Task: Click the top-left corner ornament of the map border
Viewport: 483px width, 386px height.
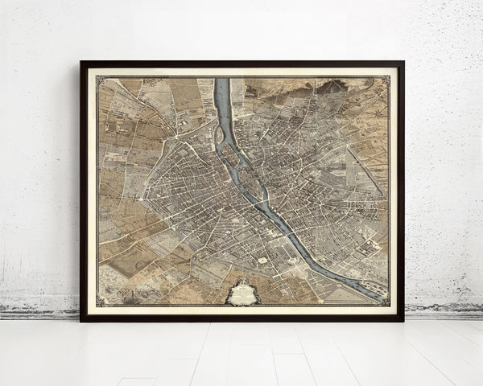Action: click(99, 79)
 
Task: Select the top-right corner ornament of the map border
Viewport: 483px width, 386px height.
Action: click(385, 79)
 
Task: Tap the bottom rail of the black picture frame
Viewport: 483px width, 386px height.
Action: click(242, 318)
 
